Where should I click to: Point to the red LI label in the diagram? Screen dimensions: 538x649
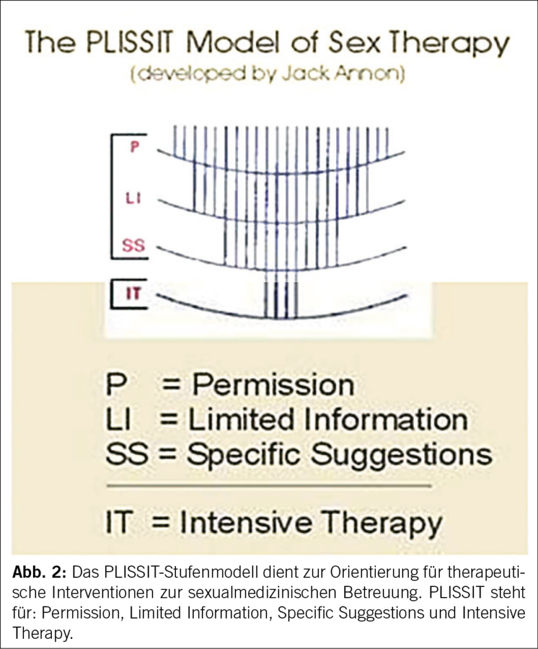pos(133,198)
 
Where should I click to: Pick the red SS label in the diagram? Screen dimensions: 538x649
pos(134,246)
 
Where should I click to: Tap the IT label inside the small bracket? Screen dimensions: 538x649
pos(133,294)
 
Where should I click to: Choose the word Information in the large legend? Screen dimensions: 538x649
pos(386,420)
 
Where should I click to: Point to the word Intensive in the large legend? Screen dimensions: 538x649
pos(246,522)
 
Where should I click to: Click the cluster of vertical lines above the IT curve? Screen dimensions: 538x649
pos(280,295)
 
